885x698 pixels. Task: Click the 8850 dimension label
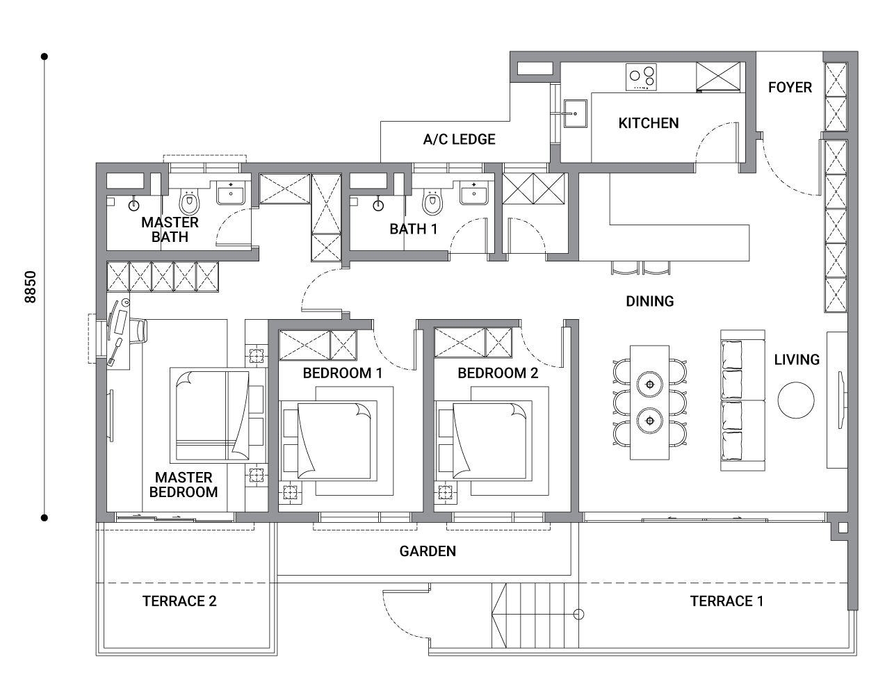click(31, 287)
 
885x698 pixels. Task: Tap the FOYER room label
click(790, 88)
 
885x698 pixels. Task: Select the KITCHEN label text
click(649, 123)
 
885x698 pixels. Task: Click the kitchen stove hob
click(641, 77)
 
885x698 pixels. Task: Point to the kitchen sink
click(576, 113)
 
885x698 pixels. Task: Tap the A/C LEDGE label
click(459, 140)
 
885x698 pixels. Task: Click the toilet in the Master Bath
click(189, 202)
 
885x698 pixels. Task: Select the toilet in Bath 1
click(432, 202)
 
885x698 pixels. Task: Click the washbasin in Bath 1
click(473, 193)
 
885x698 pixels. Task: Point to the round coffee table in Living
click(796, 400)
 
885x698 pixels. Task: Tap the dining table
click(649, 403)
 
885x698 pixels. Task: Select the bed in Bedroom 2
click(483, 441)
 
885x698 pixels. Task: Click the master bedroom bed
click(218, 416)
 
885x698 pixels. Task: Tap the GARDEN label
click(428, 551)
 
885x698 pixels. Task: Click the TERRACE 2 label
click(179, 601)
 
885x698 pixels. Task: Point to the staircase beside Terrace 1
click(535, 615)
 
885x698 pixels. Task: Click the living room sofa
click(742, 400)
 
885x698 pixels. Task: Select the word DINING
click(650, 302)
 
